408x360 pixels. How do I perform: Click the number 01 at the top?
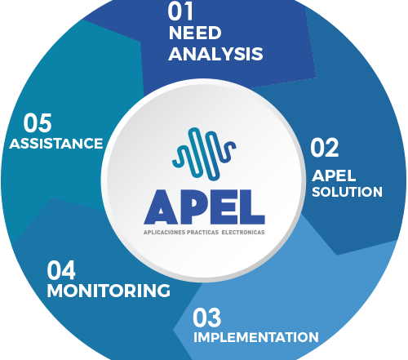click(x=180, y=11)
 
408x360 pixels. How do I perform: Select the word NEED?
click(x=195, y=33)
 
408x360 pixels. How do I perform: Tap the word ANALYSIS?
click(x=215, y=54)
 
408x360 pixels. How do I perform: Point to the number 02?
click(x=325, y=148)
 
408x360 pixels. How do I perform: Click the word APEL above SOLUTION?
click(x=334, y=176)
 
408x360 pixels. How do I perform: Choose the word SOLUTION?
click(x=347, y=192)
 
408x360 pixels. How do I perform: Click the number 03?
click(x=206, y=318)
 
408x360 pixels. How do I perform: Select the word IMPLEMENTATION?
click(x=256, y=337)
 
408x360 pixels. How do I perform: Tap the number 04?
click(x=61, y=270)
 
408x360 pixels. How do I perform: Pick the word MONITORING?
click(x=109, y=291)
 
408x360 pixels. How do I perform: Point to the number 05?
click(x=38, y=123)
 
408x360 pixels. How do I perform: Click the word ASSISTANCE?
click(x=56, y=144)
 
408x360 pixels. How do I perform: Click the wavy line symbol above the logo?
click(x=204, y=153)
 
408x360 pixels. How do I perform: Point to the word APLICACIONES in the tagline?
click(x=165, y=233)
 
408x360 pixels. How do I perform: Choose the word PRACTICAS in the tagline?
click(x=203, y=233)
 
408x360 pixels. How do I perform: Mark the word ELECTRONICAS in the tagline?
click(x=243, y=233)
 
